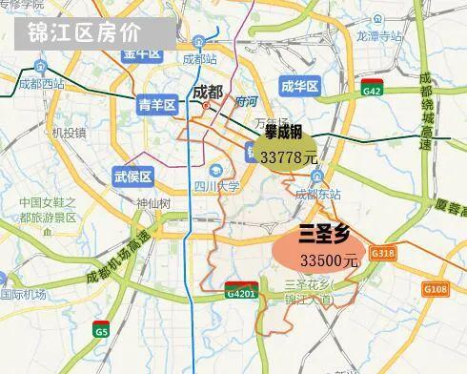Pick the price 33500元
click(x=328, y=260)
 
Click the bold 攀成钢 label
click(x=283, y=134)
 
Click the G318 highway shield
click(x=384, y=253)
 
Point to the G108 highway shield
click(x=434, y=288)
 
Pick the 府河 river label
click(x=246, y=99)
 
